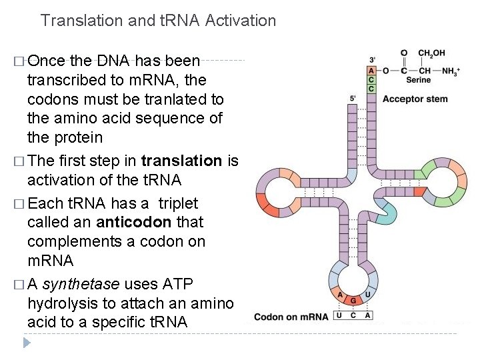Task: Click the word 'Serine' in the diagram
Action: [x=418, y=80]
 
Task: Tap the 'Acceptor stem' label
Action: [x=415, y=100]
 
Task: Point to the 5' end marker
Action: [x=354, y=99]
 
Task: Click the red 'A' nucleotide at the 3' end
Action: [x=371, y=71]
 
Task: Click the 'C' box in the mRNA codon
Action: [x=353, y=315]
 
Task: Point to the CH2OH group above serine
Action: [x=431, y=53]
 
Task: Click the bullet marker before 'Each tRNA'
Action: [x=18, y=203]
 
